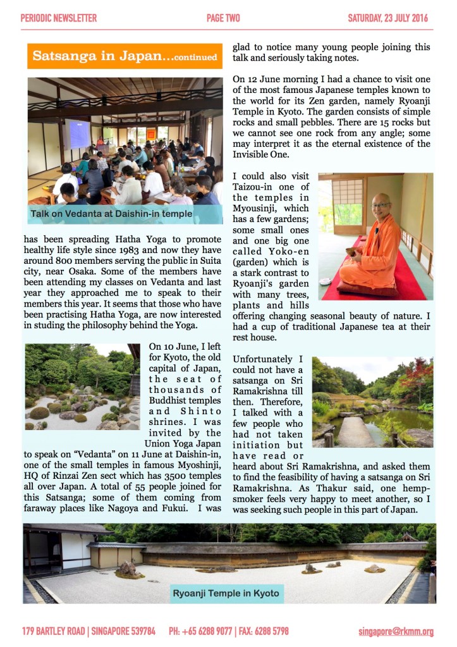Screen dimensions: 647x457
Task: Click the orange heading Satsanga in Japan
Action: click(x=125, y=56)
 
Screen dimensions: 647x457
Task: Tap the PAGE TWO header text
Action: click(x=223, y=18)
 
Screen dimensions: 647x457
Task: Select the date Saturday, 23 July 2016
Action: click(x=387, y=18)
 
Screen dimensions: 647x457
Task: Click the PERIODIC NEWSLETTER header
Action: click(x=59, y=18)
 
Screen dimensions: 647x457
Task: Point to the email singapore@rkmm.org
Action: click(x=396, y=631)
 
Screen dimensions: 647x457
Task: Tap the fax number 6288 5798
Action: click(x=272, y=631)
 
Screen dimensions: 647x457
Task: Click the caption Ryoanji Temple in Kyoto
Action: click(x=226, y=594)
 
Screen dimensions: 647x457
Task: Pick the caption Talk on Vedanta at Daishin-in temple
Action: click(x=111, y=214)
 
